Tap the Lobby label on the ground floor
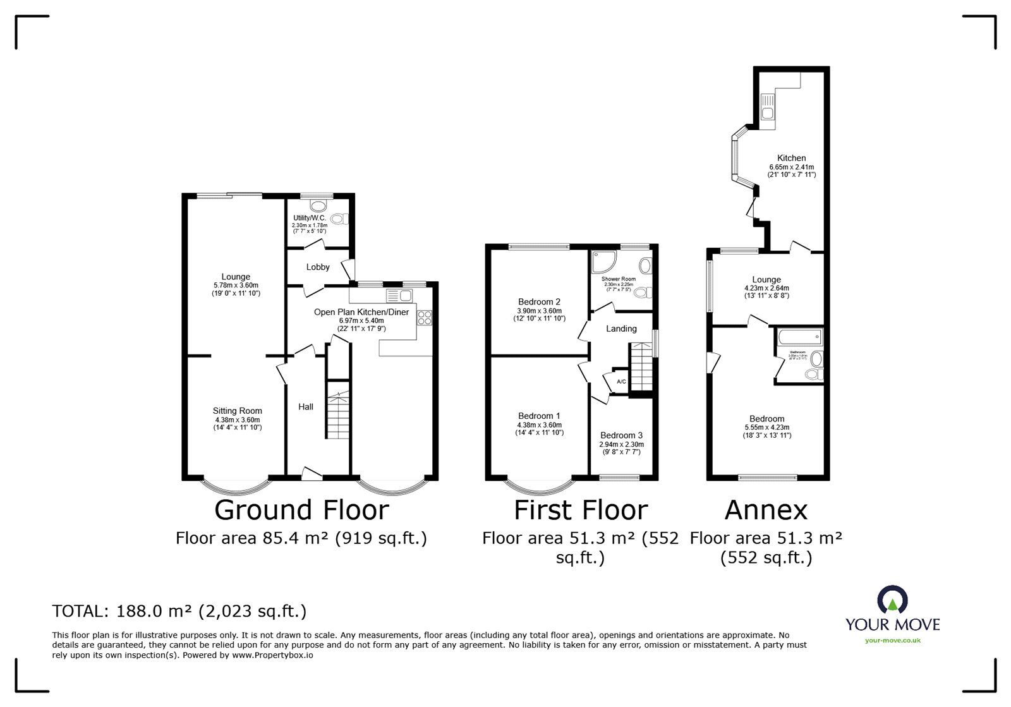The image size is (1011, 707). click(318, 267)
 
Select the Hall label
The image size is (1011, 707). click(306, 407)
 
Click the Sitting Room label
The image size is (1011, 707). click(237, 411)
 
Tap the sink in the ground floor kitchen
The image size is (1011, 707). click(399, 295)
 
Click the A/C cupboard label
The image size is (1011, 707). click(621, 382)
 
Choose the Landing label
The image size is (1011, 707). click(621, 329)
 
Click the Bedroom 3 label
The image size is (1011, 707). click(621, 435)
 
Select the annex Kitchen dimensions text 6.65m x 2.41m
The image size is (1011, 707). click(791, 167)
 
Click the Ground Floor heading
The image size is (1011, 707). click(301, 510)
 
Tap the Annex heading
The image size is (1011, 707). click(766, 510)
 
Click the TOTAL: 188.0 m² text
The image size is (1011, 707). click(179, 611)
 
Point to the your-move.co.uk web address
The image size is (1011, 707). click(892, 641)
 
